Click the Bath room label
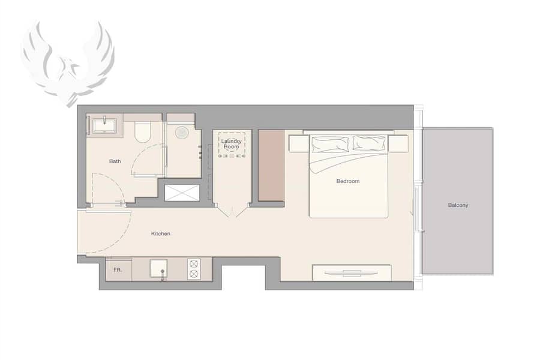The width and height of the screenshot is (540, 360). click(x=115, y=161)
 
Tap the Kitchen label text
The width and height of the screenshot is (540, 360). click(x=160, y=233)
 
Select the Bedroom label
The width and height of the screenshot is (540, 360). click(x=348, y=181)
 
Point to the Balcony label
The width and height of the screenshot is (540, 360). click(x=458, y=205)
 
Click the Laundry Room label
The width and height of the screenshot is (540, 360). click(x=232, y=143)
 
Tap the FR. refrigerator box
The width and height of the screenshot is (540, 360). click(x=118, y=270)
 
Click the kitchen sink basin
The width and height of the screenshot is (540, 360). click(x=159, y=268)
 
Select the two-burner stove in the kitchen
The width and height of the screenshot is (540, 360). click(x=194, y=269)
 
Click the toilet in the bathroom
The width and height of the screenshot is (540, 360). click(x=143, y=131)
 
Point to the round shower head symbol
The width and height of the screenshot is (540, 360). click(x=181, y=133)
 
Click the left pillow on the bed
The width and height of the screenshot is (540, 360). click(x=330, y=145)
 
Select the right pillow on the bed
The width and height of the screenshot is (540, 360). click(x=369, y=143)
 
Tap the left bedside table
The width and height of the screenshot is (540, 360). click(x=299, y=143)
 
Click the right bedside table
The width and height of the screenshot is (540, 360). click(x=398, y=143)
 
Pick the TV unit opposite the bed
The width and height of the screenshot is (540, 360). click(x=352, y=273)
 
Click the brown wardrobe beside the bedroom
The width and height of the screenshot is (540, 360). click(x=271, y=166)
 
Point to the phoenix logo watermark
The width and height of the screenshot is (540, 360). click(x=68, y=62)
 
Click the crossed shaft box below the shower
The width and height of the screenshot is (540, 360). click(x=182, y=193)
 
